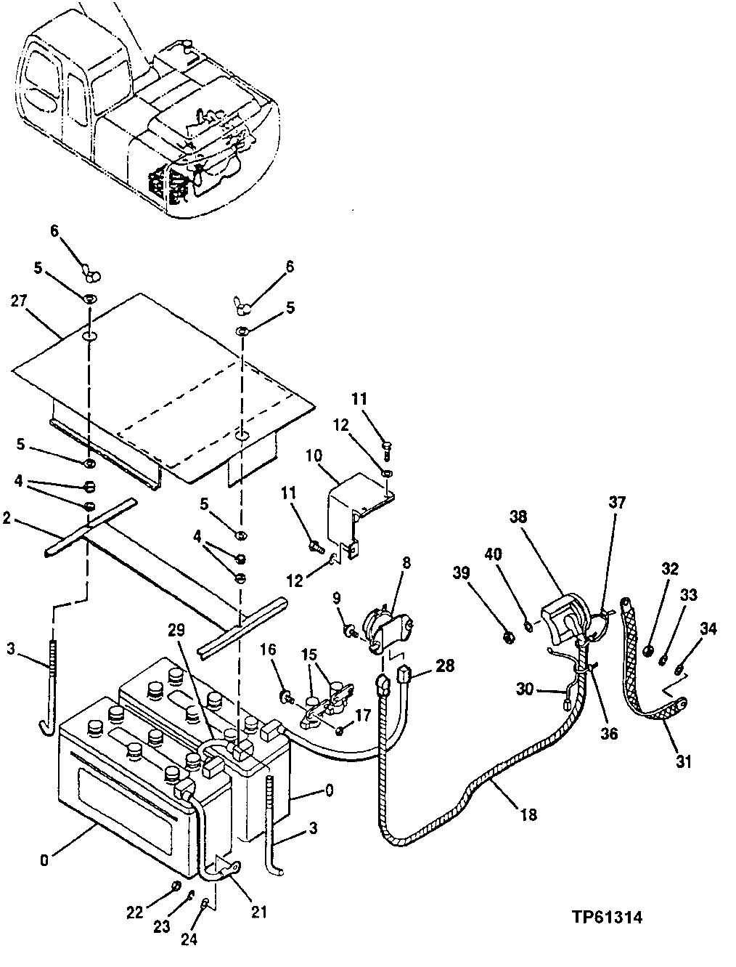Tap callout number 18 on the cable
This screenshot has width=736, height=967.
point(528,814)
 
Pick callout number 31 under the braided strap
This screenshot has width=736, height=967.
point(684,761)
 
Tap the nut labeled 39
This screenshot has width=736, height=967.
point(509,637)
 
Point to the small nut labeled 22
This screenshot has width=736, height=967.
point(176,885)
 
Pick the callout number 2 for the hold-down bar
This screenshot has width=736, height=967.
point(7,518)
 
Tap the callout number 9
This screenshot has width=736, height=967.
point(336,598)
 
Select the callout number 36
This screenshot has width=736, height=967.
point(608,733)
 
